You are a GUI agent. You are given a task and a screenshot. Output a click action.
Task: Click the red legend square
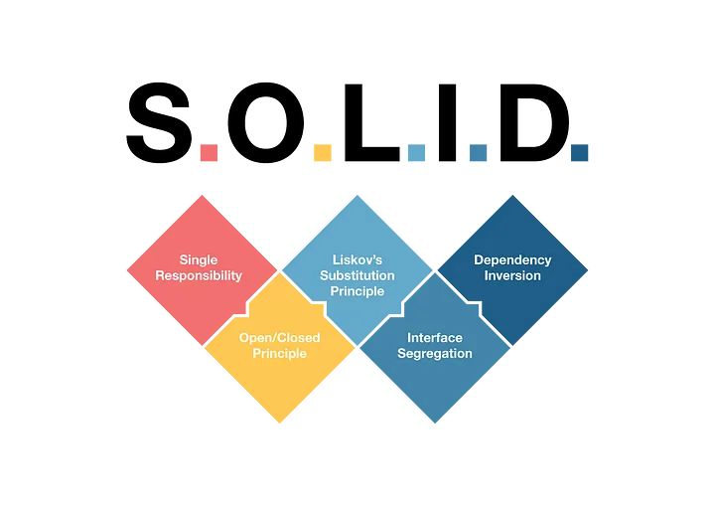pos(209,153)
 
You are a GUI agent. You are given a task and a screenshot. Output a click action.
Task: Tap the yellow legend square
pos(322,153)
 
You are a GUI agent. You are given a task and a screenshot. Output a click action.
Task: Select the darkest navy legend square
pos(580,153)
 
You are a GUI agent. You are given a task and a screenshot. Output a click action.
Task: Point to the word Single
pos(199,260)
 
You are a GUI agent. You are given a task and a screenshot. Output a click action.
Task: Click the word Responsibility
pos(199,275)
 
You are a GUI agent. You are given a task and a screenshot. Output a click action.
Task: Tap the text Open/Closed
pos(279,338)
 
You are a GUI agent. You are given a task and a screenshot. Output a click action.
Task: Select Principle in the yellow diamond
pos(279,354)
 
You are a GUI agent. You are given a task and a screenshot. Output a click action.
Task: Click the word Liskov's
pos(357,260)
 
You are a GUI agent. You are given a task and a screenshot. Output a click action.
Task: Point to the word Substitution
pos(357,275)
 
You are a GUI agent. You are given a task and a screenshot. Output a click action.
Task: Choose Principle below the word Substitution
pos(357,291)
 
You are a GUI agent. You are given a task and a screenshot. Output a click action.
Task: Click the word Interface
pos(435,338)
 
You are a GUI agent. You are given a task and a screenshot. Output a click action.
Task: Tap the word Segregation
pos(435,354)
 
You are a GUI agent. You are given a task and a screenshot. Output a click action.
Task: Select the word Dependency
pos(512,260)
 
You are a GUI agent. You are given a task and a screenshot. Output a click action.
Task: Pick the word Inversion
pos(512,275)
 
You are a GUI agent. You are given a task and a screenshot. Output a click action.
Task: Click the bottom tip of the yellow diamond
pos(279,426)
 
